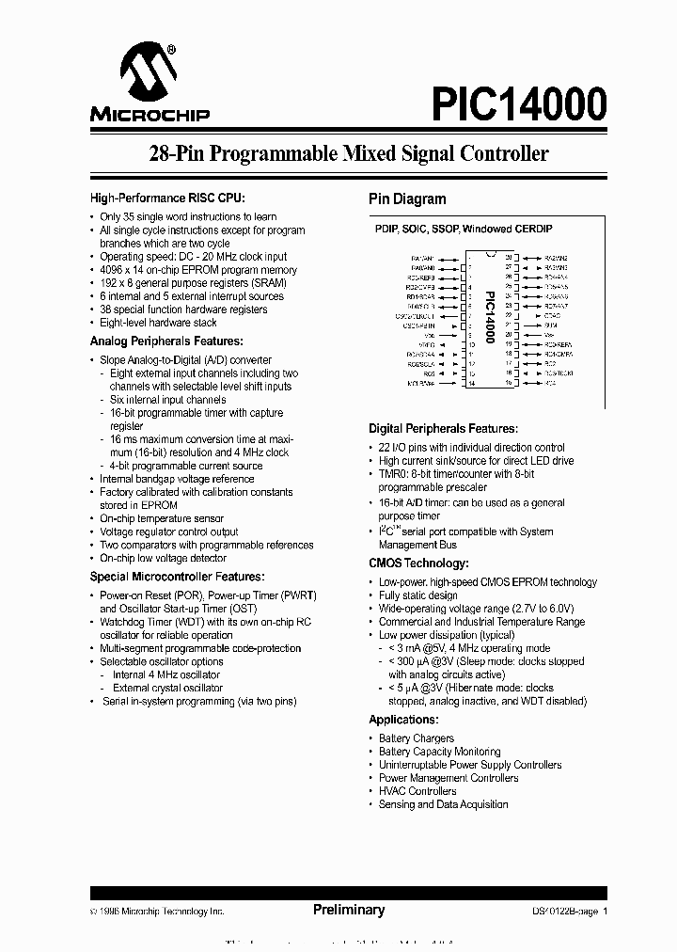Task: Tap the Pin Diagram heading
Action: click(406, 199)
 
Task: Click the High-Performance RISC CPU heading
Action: click(167, 198)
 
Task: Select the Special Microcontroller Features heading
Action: click(177, 577)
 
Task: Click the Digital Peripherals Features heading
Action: click(442, 428)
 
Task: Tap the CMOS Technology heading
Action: click(417, 563)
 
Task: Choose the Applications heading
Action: click(403, 719)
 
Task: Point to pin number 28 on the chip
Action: click(509, 257)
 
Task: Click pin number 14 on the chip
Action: click(470, 384)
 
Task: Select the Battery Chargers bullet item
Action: click(416, 738)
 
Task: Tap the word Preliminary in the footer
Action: click(348, 910)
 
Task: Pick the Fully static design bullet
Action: click(417, 595)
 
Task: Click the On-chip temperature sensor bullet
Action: click(162, 518)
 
